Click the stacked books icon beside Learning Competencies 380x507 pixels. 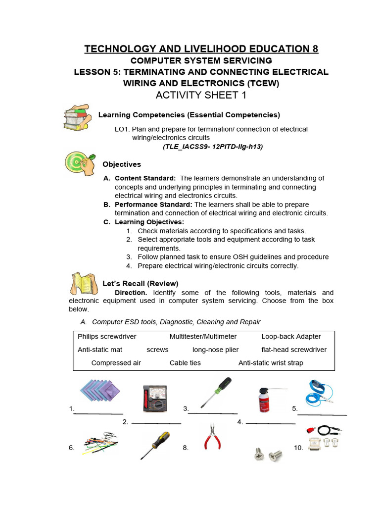click(x=77, y=118)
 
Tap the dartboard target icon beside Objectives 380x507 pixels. click(x=81, y=163)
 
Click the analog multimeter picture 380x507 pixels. click(x=154, y=399)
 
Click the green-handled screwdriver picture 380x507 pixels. click(x=215, y=392)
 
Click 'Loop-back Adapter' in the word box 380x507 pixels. click(x=291, y=337)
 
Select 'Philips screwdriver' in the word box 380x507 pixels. click(x=107, y=337)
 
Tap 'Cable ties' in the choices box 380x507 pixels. click(x=185, y=363)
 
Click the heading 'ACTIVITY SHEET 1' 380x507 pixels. click(x=201, y=96)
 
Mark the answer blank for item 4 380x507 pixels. click(x=271, y=424)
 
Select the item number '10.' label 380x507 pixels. click(x=298, y=448)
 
